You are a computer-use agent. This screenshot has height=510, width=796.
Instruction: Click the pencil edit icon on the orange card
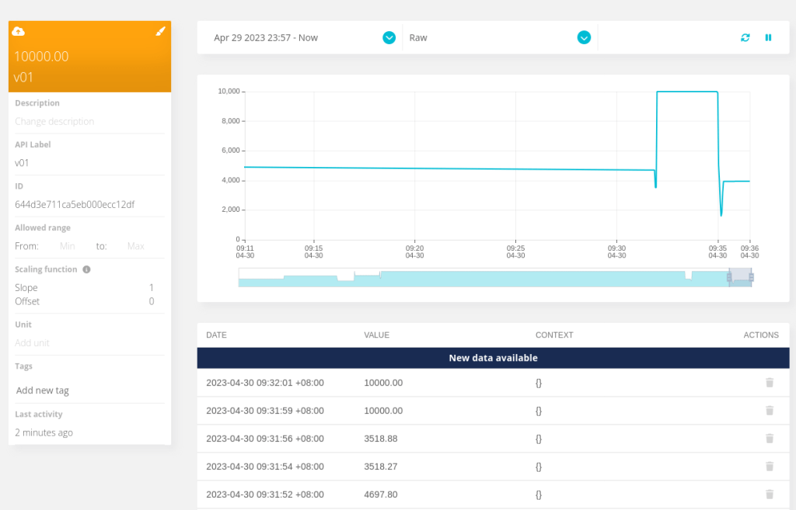[161, 31]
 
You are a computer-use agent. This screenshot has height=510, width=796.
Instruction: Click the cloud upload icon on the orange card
[19, 31]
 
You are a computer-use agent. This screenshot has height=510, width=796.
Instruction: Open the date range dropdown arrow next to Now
[389, 37]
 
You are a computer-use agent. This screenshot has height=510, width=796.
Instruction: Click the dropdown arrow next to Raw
[584, 37]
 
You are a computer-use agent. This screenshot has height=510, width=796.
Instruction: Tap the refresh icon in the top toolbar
[745, 37]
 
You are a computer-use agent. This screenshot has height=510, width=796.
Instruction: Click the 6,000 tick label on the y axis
[229, 151]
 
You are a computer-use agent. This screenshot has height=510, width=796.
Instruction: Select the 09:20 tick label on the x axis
[414, 252]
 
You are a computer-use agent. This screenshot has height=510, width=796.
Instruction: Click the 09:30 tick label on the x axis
[616, 252]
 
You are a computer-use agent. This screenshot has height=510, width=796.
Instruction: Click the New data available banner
[493, 358]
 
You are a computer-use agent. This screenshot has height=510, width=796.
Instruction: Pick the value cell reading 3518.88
[381, 439]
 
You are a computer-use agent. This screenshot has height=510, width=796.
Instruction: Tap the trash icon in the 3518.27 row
[770, 467]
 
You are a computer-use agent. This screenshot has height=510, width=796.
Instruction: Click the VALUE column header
[377, 335]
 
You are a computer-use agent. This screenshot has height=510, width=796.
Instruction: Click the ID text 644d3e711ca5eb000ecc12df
[75, 205]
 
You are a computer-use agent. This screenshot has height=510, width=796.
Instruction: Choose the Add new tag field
[44, 390]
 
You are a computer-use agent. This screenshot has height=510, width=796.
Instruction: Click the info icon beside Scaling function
[86, 269]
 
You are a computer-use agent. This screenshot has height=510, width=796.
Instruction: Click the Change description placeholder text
[54, 122]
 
